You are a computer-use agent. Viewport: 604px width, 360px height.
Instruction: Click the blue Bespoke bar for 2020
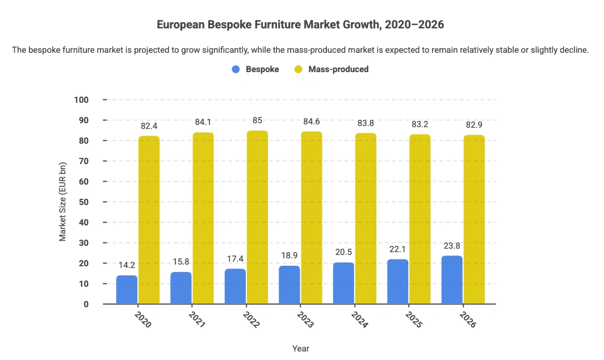tap(127, 290)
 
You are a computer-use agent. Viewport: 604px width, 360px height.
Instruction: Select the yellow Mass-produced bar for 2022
tap(257, 217)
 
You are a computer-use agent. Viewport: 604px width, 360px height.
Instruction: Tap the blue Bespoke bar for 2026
tap(452, 280)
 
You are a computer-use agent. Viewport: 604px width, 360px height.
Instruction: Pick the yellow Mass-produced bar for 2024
tap(366, 219)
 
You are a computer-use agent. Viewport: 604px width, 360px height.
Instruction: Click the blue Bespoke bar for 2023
tap(290, 285)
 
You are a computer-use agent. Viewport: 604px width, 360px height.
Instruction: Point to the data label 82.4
tap(149, 126)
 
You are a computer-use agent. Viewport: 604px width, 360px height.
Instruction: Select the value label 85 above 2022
tap(257, 121)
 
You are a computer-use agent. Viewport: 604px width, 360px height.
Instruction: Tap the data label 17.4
tap(235, 259)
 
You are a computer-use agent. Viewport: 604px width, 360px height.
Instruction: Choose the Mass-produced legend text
tap(338, 69)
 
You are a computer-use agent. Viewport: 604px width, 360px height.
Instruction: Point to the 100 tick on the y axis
tap(81, 100)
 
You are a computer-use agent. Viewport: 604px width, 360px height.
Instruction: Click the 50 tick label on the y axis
tap(83, 202)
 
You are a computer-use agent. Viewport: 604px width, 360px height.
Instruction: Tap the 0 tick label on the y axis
tap(86, 304)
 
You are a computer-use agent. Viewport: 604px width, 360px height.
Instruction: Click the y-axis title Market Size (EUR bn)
tap(63, 202)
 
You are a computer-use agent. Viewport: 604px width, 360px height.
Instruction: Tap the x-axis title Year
tap(300, 348)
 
